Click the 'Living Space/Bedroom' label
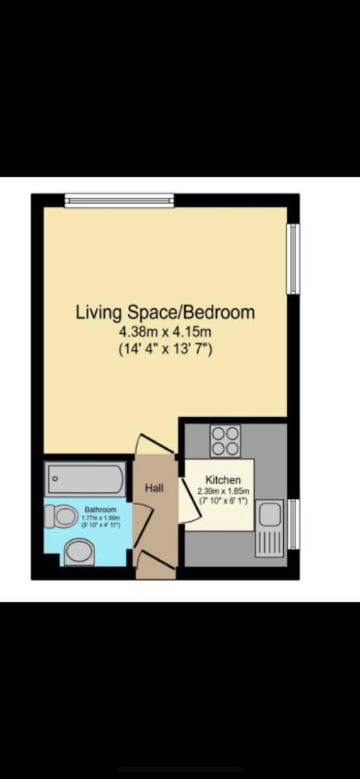point(164,312)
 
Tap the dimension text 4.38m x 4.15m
point(164,332)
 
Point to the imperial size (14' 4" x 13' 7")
point(164,350)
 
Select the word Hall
point(155,489)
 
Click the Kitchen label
point(224,480)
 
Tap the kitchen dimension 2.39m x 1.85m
point(224,491)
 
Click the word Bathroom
point(100,510)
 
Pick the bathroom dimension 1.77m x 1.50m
point(100,518)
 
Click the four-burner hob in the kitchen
point(225,440)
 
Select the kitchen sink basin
point(269,515)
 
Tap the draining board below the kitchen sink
point(269,542)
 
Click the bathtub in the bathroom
point(85,479)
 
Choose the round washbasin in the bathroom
point(78,552)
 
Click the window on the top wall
point(119,201)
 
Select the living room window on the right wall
point(293,258)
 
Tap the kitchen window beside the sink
point(293,524)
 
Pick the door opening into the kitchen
point(189,501)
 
